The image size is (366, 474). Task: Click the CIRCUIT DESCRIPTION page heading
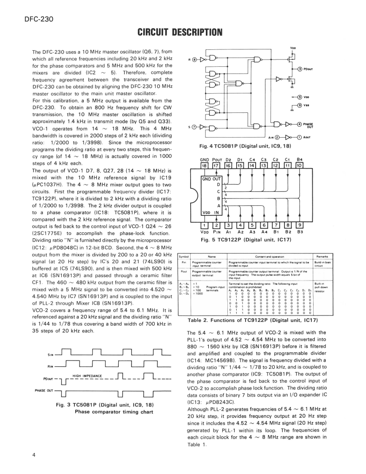pyautogui.click(x=180, y=32)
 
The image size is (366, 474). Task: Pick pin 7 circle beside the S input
pyautogui.click(x=194, y=126)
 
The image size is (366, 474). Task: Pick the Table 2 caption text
pyautogui.click(x=252, y=320)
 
